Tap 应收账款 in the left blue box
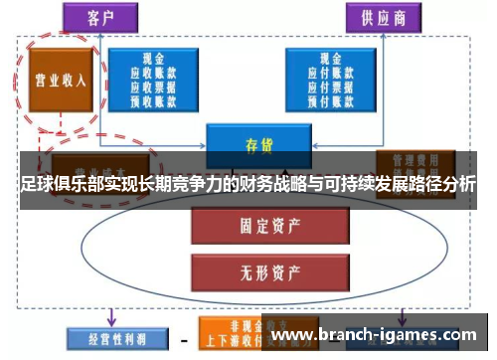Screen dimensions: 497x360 (154, 73)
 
